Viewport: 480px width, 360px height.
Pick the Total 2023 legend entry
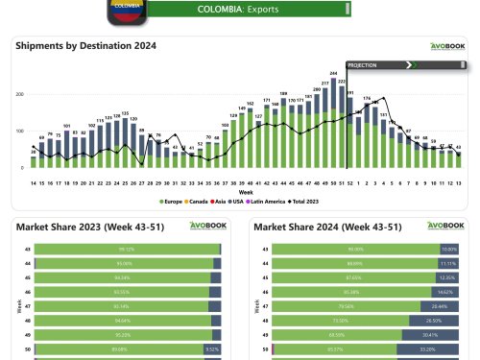point(303,201)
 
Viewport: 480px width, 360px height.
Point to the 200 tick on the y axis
point(22,94)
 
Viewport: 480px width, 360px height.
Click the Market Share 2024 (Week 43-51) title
point(322,227)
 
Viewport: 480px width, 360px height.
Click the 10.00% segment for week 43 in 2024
point(449,249)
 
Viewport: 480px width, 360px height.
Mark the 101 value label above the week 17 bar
point(66,126)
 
